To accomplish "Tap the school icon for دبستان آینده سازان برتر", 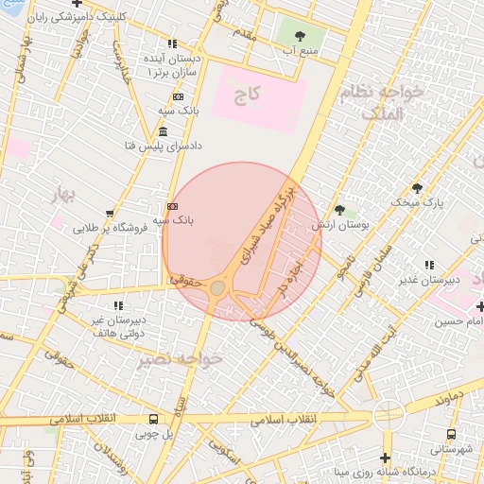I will tap(172, 43).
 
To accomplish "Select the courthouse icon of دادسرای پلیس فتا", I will tap(164, 131).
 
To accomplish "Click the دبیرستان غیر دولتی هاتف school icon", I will tap(118, 305).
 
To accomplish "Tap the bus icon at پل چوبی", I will tap(154, 420).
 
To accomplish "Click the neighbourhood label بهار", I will tap(62, 196).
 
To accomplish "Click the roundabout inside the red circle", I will tap(218, 286).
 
